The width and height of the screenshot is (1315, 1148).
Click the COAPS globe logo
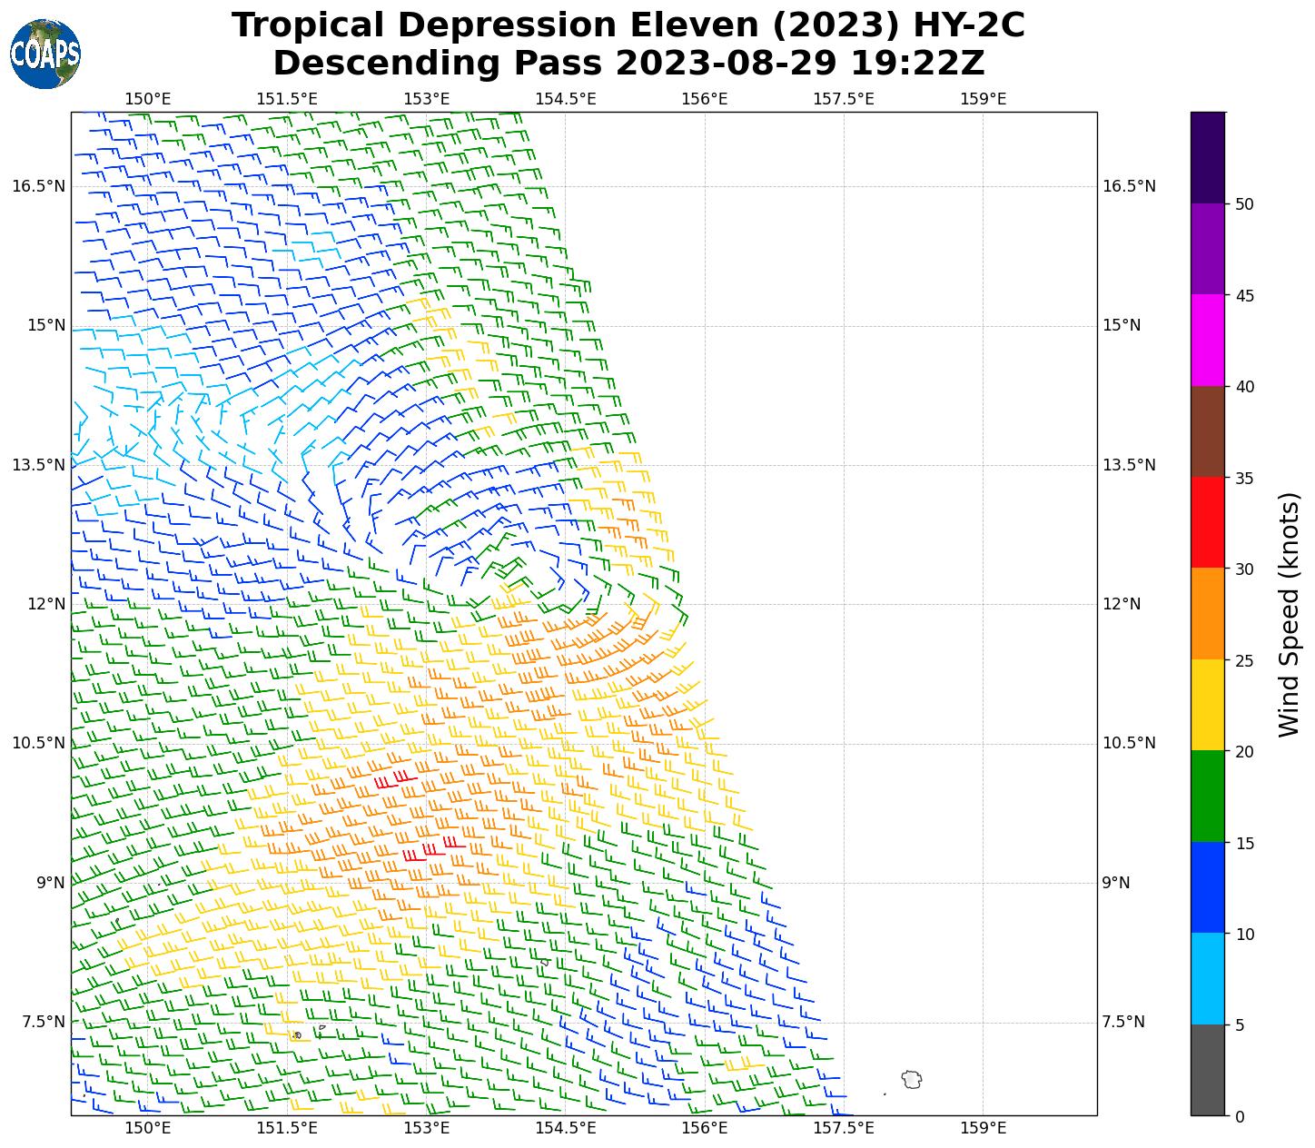(45, 54)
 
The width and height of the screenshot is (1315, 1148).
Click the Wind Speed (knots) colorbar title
(1289, 614)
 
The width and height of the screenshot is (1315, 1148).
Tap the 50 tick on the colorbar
(1245, 204)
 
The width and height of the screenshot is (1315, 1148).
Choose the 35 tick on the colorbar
(1245, 479)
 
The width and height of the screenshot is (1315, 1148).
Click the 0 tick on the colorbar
(1240, 1116)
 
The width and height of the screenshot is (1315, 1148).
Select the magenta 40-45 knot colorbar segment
(1208, 341)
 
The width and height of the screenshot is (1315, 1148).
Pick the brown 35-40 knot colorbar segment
(1208, 432)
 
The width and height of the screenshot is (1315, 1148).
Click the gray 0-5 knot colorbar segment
(1208, 1070)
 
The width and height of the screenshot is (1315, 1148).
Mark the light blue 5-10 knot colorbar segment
(1208, 979)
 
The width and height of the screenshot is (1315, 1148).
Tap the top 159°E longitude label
(983, 99)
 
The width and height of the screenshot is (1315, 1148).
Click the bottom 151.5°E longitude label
(287, 1129)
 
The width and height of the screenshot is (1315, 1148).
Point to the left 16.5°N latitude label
(38, 186)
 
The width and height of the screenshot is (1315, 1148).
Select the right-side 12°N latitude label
(1122, 604)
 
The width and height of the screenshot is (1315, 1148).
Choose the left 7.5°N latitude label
(43, 1022)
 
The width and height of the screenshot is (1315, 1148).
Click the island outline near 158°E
(912, 1079)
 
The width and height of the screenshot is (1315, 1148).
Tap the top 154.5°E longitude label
(565, 99)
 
